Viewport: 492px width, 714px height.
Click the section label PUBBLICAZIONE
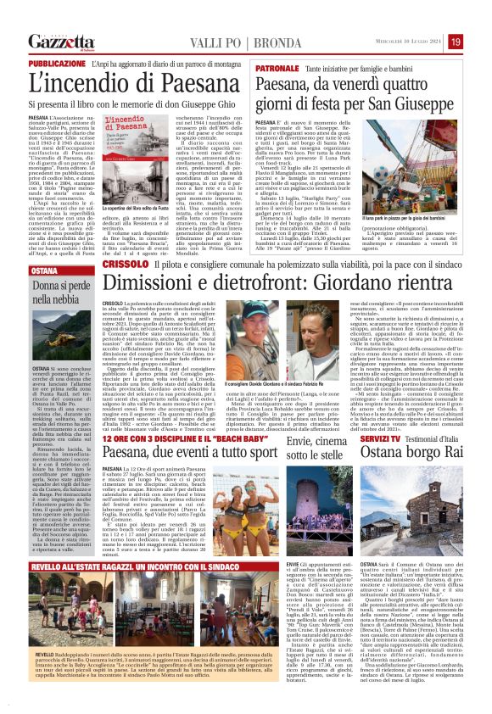click(x=57, y=64)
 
